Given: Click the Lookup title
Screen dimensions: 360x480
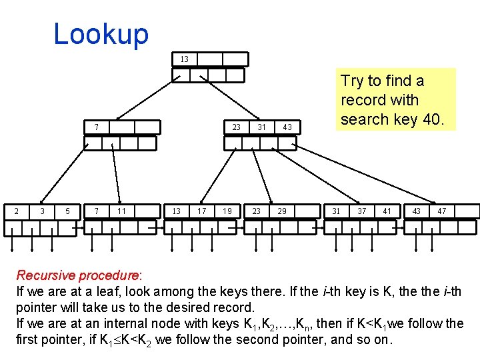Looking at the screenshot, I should [x=101, y=34].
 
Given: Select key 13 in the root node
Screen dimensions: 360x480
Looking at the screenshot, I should [x=185, y=59].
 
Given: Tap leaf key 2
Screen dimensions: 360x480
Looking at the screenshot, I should [x=16, y=211].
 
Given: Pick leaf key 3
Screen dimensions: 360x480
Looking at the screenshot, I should [x=42, y=211].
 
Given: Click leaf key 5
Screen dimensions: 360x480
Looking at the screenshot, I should [x=67, y=211].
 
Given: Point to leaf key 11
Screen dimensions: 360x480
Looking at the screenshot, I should [x=121, y=211].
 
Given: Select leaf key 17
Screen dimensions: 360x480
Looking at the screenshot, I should [x=201, y=211].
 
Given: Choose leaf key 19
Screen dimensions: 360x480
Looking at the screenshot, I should [x=227, y=211].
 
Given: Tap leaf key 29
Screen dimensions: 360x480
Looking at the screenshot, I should [x=282, y=211].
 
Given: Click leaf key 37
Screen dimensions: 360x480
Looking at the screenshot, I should [x=361, y=211].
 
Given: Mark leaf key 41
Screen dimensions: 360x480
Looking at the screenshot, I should [x=387, y=211].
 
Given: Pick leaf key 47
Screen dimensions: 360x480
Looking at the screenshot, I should [x=441, y=211].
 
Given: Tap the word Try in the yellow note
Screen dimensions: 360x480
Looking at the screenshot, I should [x=353, y=81].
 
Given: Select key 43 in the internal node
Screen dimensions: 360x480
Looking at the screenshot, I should [x=287, y=127].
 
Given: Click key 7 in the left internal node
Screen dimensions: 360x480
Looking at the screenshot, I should [x=97, y=127].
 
